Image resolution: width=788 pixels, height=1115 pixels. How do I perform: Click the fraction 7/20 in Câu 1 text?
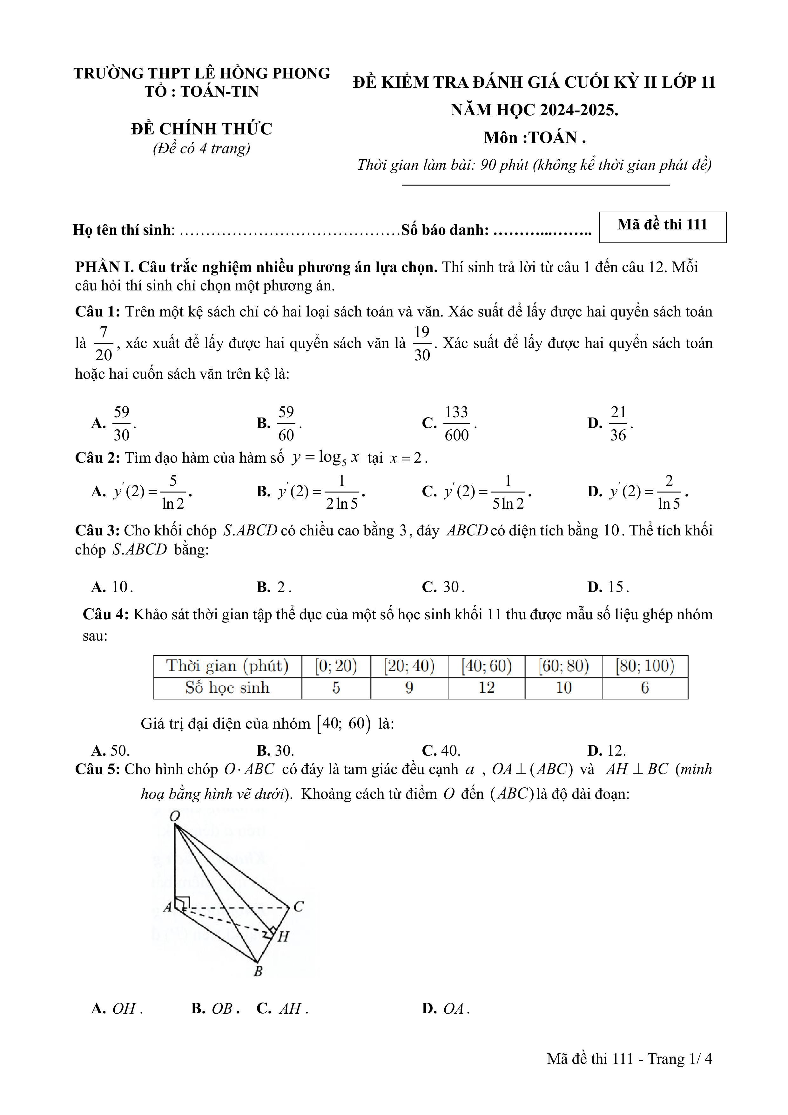pos(104,343)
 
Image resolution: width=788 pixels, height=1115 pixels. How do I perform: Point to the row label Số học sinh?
pos(227,688)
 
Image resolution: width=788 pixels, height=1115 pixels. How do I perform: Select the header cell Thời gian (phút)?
pos(227,666)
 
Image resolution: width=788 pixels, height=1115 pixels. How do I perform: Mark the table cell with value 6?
pos(645,688)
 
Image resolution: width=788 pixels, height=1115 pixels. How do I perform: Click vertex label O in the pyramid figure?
pos(175,816)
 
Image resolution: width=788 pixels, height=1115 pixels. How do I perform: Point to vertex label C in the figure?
pos(298,907)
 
